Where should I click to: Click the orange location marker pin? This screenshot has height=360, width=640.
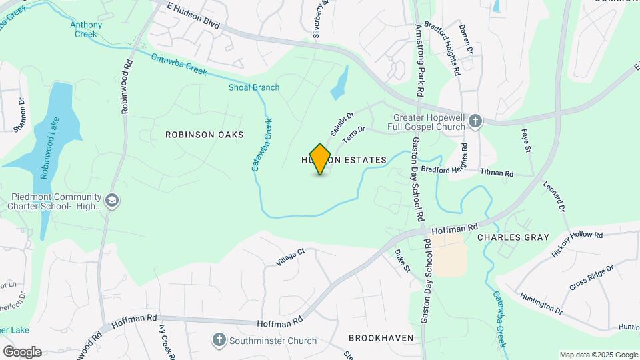click(321, 159)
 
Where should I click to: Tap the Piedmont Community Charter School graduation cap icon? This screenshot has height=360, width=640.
click(113, 200)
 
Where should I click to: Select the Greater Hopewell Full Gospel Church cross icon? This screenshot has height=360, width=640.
click(475, 121)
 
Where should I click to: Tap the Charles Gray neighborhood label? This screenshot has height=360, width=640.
click(513, 237)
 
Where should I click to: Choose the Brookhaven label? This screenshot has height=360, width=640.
click(381, 338)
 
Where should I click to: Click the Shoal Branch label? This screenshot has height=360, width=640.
click(254, 87)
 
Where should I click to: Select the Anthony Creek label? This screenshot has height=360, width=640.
click(86, 29)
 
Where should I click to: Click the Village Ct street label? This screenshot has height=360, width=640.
click(290, 257)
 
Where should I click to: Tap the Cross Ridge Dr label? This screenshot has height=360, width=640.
click(591, 277)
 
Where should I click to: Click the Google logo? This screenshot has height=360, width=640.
click(22, 352)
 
